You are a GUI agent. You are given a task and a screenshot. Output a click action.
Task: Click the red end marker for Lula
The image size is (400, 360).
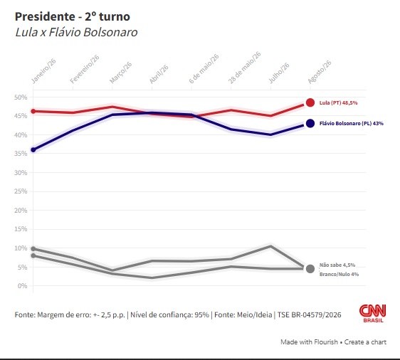click(x=310, y=102)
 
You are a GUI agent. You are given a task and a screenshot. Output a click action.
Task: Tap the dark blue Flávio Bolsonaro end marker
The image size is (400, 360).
click(x=310, y=123)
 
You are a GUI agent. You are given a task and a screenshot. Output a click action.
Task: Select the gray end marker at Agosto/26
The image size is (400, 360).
click(x=310, y=269)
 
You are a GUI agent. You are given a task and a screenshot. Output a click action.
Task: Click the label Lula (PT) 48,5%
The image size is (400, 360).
click(x=339, y=102)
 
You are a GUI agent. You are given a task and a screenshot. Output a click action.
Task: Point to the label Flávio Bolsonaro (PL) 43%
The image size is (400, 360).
click(x=352, y=123)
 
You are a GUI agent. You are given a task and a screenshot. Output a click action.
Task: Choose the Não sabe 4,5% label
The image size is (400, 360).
click(x=337, y=265)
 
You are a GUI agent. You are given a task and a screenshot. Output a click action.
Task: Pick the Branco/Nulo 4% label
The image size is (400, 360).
click(x=339, y=275)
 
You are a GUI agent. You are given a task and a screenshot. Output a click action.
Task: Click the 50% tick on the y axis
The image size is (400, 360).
click(x=21, y=97)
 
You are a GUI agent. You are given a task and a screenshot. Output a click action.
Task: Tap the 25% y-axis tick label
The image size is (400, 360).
click(x=21, y=191)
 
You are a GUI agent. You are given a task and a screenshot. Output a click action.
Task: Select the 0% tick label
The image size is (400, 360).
click(x=23, y=286)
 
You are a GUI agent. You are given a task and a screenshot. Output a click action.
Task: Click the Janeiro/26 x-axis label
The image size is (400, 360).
click(x=43, y=71)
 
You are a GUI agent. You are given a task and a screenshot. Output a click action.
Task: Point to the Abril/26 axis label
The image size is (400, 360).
click(x=159, y=74)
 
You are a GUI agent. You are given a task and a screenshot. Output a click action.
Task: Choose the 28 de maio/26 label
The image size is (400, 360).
click(x=244, y=68)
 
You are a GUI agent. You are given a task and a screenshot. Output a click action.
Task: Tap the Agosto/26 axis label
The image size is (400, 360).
click(x=320, y=72)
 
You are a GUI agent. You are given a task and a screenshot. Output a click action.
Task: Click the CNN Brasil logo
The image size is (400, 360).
click(x=373, y=313)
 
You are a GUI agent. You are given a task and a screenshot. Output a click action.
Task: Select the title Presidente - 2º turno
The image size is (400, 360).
click(x=73, y=17)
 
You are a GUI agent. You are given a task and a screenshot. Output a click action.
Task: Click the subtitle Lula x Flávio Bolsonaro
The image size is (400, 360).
click(x=76, y=33)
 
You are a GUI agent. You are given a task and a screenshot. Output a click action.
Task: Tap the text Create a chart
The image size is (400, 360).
click(x=365, y=342)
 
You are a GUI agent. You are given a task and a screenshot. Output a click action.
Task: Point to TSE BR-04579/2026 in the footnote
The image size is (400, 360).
click(x=309, y=315)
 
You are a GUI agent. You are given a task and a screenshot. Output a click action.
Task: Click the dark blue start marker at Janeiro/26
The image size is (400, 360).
click(x=33, y=150)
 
